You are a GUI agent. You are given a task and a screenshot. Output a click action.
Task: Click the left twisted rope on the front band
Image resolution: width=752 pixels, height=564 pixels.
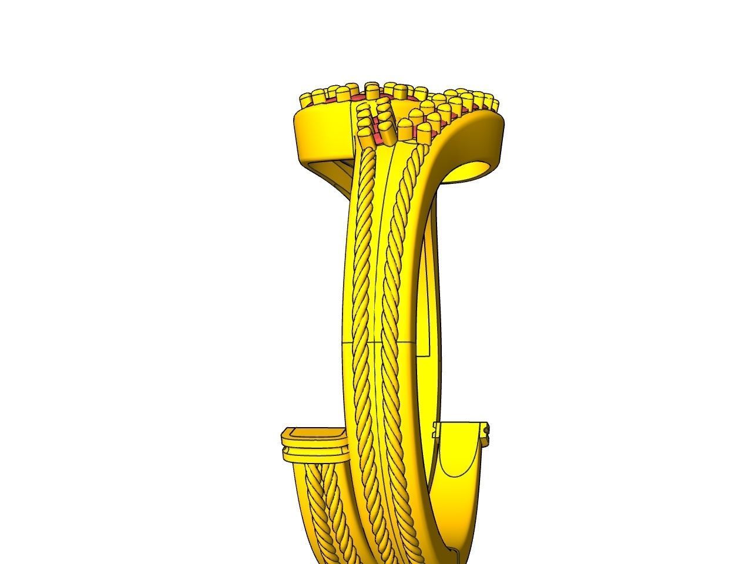point(362,294)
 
